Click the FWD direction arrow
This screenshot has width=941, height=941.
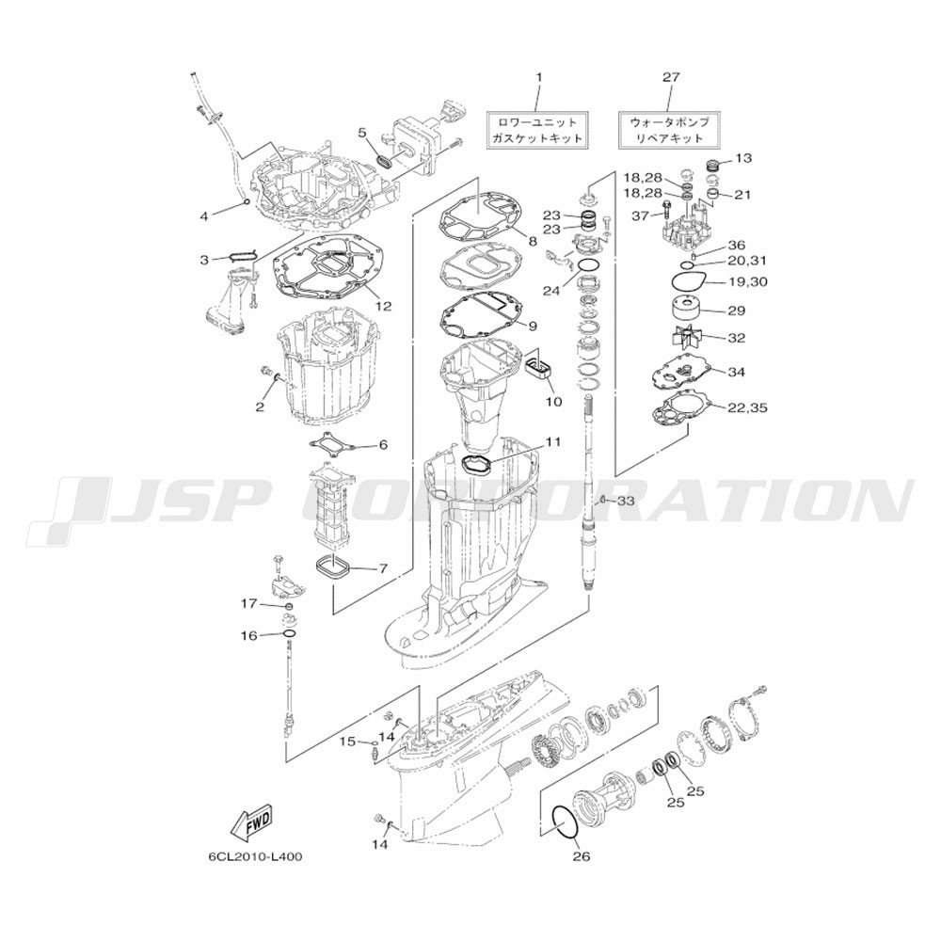251,822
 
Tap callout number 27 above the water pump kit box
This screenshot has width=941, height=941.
671,77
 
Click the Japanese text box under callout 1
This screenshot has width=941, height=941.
537,130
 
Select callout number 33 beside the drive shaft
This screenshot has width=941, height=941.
626,501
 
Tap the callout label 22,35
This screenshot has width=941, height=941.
747,408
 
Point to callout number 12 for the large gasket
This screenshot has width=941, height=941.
383,306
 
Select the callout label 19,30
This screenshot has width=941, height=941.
747,281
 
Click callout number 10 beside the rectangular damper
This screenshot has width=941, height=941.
553,401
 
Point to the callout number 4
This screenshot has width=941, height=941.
204,216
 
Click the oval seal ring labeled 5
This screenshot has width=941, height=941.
384,161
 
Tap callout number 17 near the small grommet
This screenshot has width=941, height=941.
248,604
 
